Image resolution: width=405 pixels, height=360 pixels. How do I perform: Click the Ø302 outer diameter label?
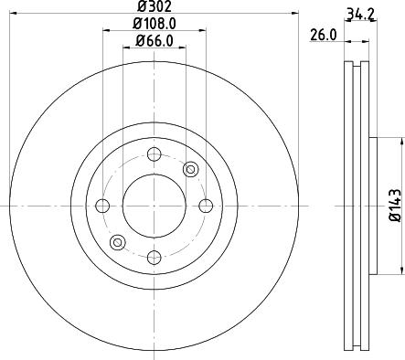(154, 6)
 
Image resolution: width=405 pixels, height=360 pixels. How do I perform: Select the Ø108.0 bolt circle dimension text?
(154, 23)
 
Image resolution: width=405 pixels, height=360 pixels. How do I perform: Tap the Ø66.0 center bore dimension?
(154, 40)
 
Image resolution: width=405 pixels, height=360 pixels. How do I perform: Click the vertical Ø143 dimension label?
(395, 206)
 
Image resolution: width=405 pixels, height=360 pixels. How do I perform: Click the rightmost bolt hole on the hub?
(206, 205)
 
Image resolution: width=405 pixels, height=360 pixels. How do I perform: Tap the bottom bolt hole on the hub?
(154, 257)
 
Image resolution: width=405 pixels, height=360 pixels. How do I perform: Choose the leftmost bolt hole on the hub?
(102, 205)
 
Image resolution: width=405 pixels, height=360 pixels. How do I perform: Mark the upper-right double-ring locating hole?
(191, 168)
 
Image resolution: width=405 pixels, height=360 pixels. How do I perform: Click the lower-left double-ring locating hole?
(117, 242)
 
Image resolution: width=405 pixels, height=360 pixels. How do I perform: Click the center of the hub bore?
(154, 205)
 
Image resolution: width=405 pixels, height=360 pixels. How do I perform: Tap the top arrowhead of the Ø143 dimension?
(400, 141)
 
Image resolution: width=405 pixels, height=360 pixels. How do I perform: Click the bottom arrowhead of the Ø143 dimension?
(400, 270)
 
